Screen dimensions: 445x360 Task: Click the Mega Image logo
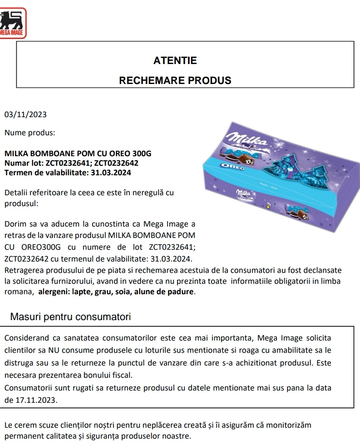(13, 22)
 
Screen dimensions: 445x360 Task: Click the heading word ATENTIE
(175, 60)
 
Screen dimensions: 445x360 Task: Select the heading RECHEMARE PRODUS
(175, 81)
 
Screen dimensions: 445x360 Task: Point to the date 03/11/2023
(25, 114)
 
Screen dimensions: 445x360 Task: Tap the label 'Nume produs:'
(30, 133)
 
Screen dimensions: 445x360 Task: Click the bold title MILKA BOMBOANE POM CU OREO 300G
(78, 153)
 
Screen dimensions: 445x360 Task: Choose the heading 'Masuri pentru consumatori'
(70, 316)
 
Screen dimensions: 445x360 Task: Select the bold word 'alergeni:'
(54, 292)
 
